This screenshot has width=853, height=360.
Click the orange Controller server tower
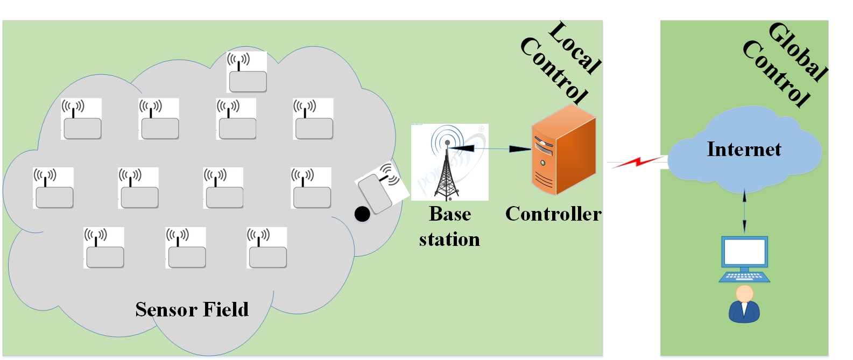tap(563, 151)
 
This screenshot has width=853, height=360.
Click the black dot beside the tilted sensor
tap(362, 214)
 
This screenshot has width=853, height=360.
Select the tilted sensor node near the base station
tap(379, 189)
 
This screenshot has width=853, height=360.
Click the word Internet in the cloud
tap(744, 149)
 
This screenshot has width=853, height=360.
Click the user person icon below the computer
tap(744, 305)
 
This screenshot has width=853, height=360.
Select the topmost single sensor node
tap(246, 73)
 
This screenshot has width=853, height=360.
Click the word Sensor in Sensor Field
tap(166, 309)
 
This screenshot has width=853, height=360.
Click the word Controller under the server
tap(553, 214)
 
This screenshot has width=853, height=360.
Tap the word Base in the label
tap(450, 214)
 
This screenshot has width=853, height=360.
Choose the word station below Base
tap(449, 239)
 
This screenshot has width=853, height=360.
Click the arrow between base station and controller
tap(492, 148)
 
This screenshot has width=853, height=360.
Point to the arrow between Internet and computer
tap(744, 211)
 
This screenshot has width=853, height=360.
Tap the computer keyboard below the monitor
tap(744, 277)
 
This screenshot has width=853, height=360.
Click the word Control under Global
tap(776, 74)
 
